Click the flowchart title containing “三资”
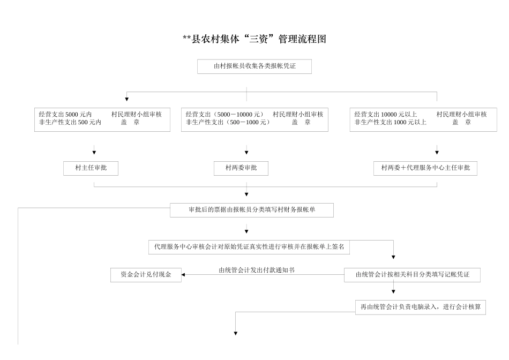click(254, 39)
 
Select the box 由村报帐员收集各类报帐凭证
click(254, 66)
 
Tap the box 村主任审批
click(91, 168)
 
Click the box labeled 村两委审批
click(241, 168)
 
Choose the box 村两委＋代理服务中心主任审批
click(425, 168)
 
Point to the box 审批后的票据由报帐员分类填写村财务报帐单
click(252, 210)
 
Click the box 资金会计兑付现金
click(146, 275)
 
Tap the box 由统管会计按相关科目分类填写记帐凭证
click(412, 275)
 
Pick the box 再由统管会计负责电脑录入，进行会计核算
click(420, 307)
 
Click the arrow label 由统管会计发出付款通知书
click(257, 270)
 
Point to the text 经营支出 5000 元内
click(65, 114)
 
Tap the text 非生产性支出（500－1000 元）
click(228, 122)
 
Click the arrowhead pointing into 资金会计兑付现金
click(183, 275)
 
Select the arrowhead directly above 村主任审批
click(94, 153)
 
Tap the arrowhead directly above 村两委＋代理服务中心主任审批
click(437, 153)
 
